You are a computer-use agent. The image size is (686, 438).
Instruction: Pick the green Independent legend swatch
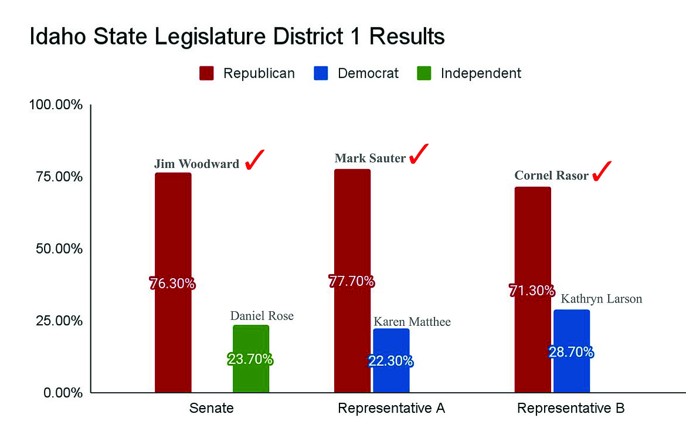point(424,73)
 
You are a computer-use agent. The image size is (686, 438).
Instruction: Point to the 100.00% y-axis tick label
point(56,105)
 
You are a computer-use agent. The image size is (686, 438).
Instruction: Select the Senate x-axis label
point(211,408)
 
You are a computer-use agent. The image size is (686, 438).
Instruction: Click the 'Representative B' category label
point(570,408)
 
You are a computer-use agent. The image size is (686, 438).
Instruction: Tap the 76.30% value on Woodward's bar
point(172,284)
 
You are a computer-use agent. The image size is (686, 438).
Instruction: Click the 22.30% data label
point(390,361)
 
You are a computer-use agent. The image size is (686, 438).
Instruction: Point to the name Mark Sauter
point(370,158)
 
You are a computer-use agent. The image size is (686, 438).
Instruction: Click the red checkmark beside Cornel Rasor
point(602,171)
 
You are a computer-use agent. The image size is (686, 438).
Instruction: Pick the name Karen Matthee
point(412,322)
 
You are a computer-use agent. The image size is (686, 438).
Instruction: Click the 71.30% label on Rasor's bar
point(532,291)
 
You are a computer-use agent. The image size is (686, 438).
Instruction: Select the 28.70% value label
point(571,352)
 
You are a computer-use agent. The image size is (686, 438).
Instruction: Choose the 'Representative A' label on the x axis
point(392,408)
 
